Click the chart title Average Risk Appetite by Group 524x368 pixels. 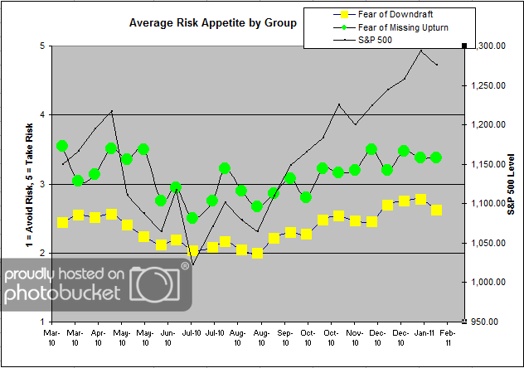pyautogui.click(x=213, y=23)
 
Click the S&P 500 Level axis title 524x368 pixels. pyautogui.click(x=512, y=183)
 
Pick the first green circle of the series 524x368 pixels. pyautogui.click(x=62, y=146)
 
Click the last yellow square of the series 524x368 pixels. pyautogui.click(x=436, y=210)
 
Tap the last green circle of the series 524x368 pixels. pyautogui.click(x=436, y=157)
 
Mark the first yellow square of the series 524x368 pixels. pyautogui.click(x=62, y=222)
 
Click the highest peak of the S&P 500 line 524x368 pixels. pyautogui.click(x=421, y=51)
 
